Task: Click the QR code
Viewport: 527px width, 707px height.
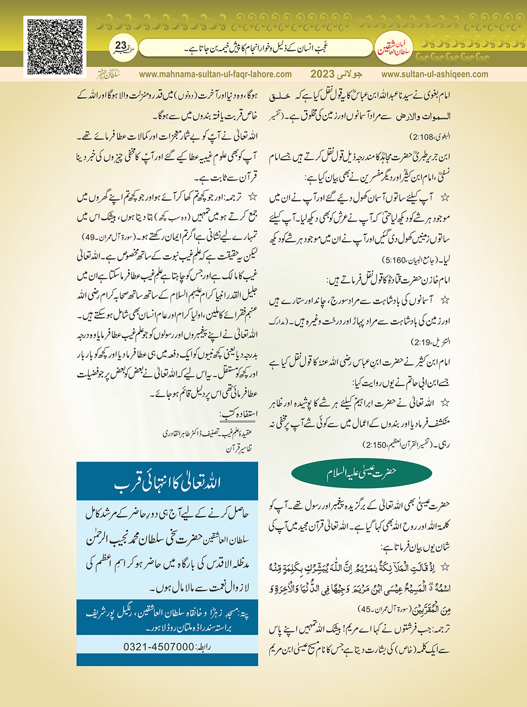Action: tap(54, 47)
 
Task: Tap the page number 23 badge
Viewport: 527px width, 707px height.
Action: tap(121, 47)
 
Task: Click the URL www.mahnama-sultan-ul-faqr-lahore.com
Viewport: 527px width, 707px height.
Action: tap(215, 75)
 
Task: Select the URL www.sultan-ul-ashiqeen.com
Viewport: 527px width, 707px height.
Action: tap(435, 75)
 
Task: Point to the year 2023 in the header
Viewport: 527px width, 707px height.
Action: tap(322, 75)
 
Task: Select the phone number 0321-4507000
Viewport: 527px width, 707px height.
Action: tap(159, 646)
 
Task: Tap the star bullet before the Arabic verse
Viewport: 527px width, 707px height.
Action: tap(445, 567)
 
